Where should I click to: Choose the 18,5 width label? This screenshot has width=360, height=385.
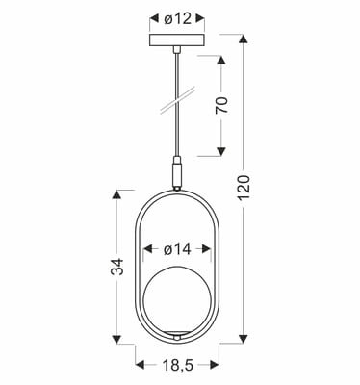[x=175, y=366]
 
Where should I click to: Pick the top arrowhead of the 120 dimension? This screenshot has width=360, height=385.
[x=246, y=39]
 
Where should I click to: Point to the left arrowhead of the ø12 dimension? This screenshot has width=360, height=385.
[x=153, y=19]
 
